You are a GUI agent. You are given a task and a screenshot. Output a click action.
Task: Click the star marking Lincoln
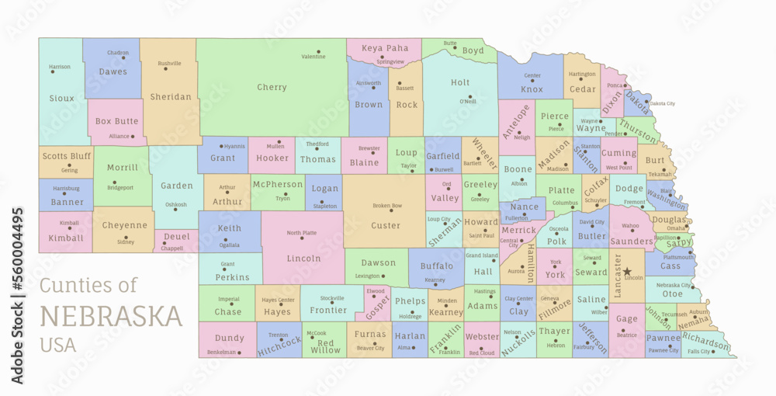(626, 272)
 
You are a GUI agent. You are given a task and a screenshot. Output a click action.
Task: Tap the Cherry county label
(272, 88)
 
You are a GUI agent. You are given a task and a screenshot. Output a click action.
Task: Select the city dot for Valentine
(318, 51)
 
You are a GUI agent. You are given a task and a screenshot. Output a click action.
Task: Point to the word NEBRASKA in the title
(111, 317)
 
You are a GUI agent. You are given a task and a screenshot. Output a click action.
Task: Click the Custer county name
(386, 226)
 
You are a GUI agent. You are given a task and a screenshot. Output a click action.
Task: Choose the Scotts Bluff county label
(67, 156)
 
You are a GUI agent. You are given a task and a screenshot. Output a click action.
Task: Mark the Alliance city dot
(133, 137)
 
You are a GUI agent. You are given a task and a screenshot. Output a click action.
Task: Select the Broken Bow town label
(387, 206)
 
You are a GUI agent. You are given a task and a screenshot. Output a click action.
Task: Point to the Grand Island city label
(481, 255)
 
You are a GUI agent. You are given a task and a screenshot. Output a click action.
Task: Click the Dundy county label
(230, 338)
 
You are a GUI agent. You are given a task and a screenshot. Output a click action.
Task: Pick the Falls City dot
(715, 351)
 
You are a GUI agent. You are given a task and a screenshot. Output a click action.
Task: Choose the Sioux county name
(62, 99)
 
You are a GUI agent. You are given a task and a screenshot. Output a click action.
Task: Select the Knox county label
(532, 89)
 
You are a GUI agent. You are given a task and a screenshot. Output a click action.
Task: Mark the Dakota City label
(662, 103)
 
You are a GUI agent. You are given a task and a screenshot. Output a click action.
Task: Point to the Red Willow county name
(326, 346)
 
